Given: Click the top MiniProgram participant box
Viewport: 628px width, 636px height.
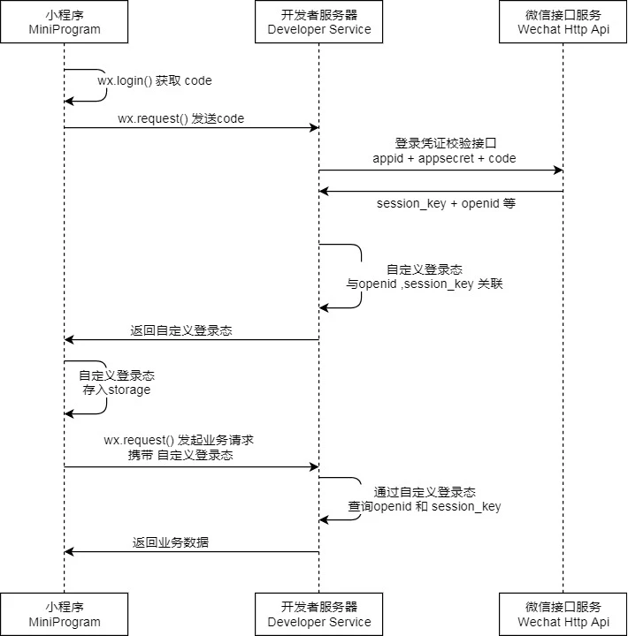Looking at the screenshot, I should pyautogui.click(x=64, y=22).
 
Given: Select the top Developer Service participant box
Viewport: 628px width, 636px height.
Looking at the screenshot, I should pyautogui.click(x=319, y=22).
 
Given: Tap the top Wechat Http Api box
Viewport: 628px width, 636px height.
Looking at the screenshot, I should pyautogui.click(x=563, y=22).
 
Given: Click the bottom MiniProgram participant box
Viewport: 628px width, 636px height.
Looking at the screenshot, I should pyautogui.click(x=64, y=614).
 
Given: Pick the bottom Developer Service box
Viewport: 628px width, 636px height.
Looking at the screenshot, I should pyautogui.click(x=319, y=614).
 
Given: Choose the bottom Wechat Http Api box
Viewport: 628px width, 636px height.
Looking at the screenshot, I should pyautogui.click(x=563, y=614).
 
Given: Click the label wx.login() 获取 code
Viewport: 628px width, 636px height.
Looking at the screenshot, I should pyautogui.click(x=155, y=80).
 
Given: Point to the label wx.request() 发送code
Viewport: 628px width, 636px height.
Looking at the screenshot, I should pyautogui.click(x=180, y=118).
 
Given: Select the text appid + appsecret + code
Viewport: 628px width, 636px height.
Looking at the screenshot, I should pyautogui.click(x=444, y=158).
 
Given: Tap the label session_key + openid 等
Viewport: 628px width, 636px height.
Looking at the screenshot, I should pyautogui.click(x=446, y=203).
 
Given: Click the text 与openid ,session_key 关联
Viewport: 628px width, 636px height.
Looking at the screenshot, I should pyautogui.click(x=425, y=284).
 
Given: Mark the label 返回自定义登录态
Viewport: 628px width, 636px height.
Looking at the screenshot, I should pyautogui.click(x=181, y=330).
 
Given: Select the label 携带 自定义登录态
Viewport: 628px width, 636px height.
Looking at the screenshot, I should pyautogui.click(x=180, y=456).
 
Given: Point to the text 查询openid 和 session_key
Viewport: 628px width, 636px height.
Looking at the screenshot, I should pyautogui.click(x=425, y=506).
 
